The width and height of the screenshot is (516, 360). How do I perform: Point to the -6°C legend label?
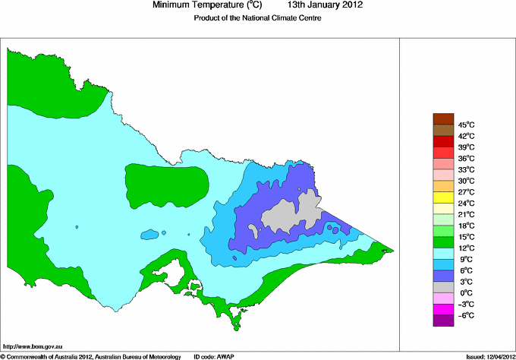pos(466,315)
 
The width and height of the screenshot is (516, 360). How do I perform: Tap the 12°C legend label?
pos(466,248)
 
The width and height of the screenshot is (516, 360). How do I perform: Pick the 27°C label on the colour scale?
pos(466,192)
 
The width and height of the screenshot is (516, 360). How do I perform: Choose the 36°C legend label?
pos(466,158)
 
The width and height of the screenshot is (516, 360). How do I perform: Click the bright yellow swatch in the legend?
pos(442,197)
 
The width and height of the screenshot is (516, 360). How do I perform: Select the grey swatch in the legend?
pos(442,287)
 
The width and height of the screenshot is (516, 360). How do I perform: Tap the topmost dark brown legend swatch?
pos(442,118)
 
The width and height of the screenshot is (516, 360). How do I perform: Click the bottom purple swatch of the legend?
pos(442,321)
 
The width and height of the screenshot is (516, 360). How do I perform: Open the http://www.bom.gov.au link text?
pos(32,346)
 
